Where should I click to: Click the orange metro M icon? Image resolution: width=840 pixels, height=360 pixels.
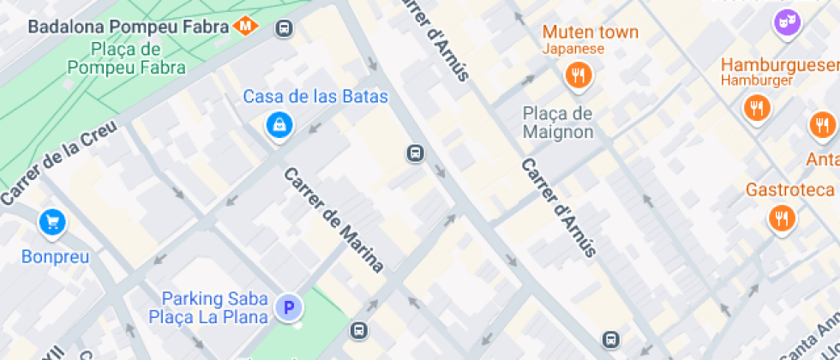pos(246,26)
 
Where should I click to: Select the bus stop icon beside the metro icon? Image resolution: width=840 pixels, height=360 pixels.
pos(284,29)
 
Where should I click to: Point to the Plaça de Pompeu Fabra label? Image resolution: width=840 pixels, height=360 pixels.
pos(127,57)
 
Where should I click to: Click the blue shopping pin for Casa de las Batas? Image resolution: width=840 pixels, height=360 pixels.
pos(279,126)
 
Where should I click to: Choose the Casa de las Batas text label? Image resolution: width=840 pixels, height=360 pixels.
pos(315,96)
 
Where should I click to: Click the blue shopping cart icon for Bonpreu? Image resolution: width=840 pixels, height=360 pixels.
pos(52,223)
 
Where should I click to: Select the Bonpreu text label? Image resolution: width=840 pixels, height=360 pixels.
pos(55,255)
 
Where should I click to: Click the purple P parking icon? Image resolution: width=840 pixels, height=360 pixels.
pos(289,307)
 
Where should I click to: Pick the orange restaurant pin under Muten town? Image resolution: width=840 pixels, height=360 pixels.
pos(579,76)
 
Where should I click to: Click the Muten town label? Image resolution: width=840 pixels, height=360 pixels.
pos(590,33)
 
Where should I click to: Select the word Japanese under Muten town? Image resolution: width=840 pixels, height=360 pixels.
pos(573,49)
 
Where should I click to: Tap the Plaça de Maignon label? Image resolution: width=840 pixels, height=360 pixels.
pos(558,123)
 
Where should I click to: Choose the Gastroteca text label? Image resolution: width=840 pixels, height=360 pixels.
pos(789,189)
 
